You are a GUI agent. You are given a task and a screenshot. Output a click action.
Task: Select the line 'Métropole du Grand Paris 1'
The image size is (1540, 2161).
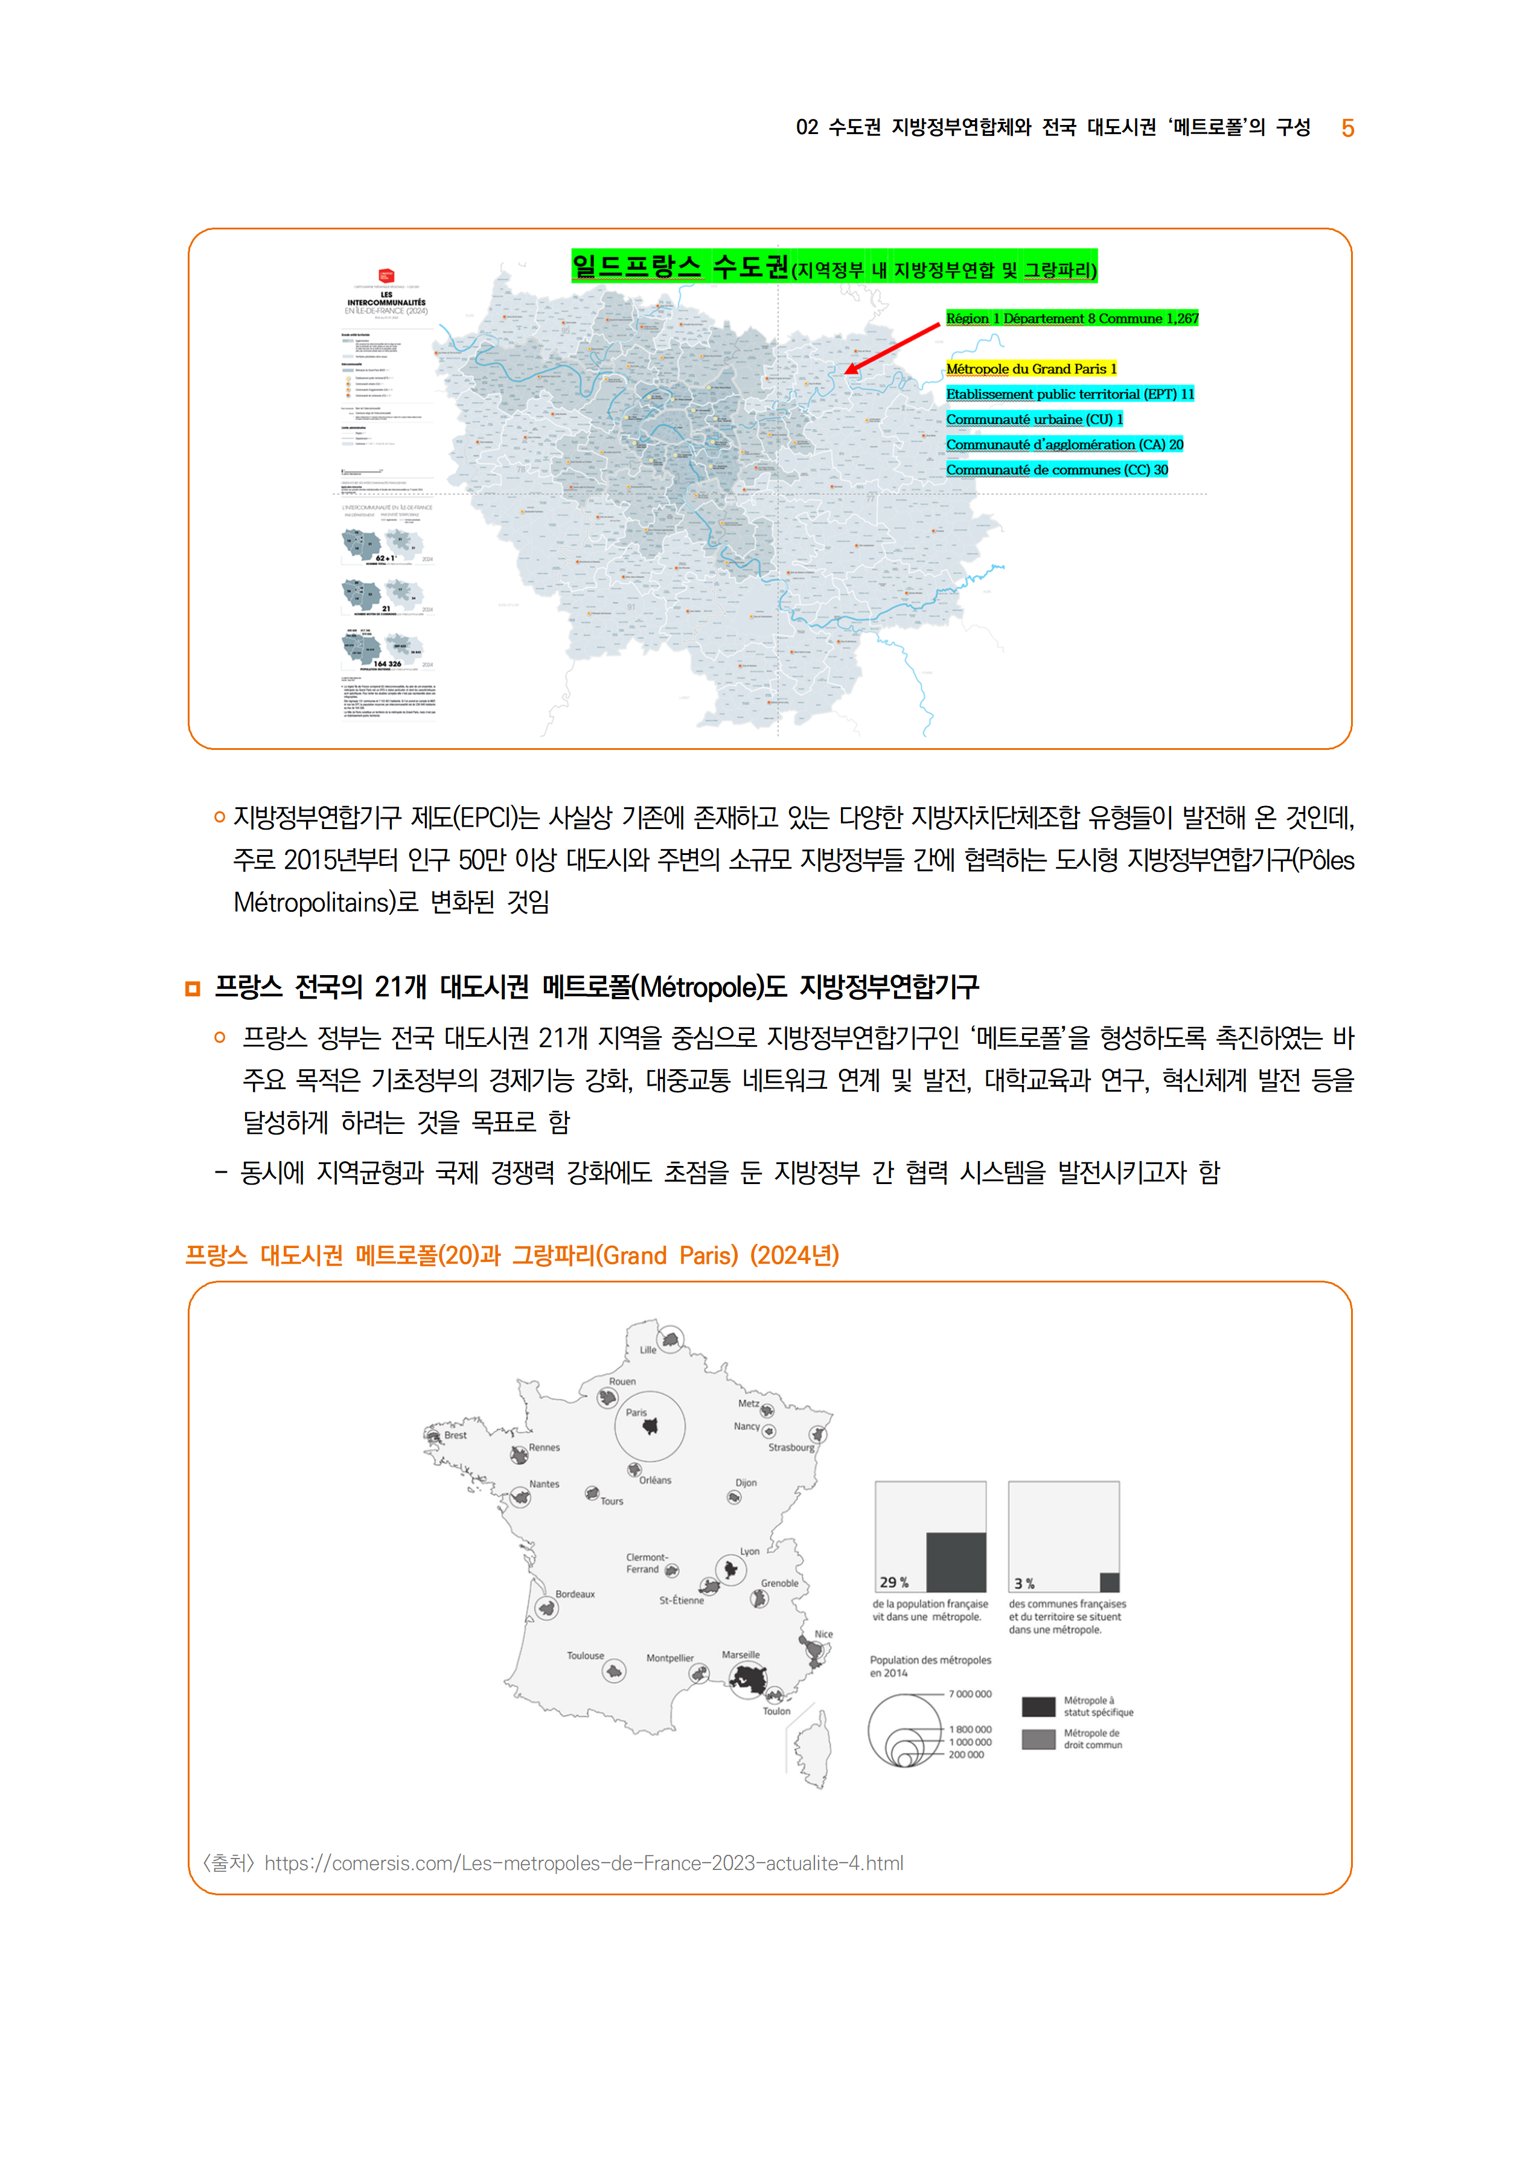[x=1030, y=369]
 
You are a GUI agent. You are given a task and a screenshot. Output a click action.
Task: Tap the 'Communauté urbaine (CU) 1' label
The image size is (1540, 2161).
[x=1034, y=419]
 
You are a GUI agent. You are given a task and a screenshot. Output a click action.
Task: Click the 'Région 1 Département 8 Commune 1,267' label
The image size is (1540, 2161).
[x=1072, y=319]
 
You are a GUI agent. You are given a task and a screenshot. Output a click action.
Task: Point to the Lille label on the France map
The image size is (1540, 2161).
[x=648, y=1349]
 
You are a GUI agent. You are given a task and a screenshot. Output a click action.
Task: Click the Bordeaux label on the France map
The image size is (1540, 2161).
[x=575, y=1594]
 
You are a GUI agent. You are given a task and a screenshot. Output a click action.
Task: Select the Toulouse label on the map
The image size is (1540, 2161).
[x=585, y=1656]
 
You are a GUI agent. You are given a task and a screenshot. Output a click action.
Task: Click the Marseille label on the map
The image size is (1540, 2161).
[x=741, y=1654]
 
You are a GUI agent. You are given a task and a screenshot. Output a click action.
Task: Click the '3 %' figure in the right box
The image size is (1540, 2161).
[x=1024, y=1584]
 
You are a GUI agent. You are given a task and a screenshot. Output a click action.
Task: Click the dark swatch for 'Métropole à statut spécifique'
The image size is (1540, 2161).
[x=1038, y=1707]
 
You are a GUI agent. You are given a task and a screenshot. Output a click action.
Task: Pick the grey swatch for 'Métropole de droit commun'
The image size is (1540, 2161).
[x=1038, y=1739]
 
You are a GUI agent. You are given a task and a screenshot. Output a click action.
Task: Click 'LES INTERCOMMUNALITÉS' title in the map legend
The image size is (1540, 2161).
[x=386, y=299]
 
